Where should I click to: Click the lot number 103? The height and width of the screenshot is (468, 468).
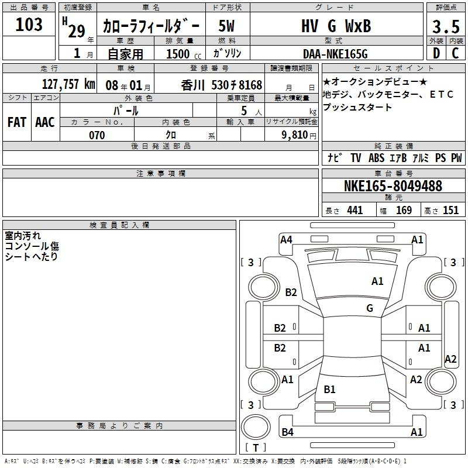coord(29,25)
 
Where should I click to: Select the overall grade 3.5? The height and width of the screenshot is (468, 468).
coord(446,27)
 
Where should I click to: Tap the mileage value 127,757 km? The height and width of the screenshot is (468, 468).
coord(68,84)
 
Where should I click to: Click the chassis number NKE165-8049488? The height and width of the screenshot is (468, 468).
coord(393,186)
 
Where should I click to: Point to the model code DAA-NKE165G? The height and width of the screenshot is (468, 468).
coord(335,54)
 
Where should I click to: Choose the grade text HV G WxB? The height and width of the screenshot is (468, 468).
coord(336,26)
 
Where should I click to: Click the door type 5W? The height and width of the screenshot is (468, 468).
coord(226,26)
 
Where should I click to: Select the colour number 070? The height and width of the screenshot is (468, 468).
coord(97,135)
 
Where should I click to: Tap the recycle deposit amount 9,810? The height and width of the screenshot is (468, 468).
coord(295,135)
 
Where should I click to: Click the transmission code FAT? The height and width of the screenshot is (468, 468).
coord(17,122)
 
